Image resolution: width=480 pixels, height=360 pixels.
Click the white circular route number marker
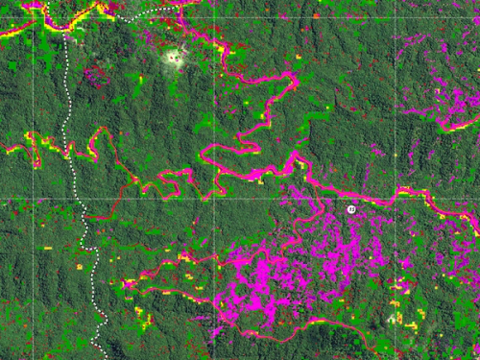(x=351, y=208)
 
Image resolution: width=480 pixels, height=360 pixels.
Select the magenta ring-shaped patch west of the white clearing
(x=92, y=73)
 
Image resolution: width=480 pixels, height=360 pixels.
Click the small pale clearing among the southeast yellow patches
(x=393, y=316)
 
